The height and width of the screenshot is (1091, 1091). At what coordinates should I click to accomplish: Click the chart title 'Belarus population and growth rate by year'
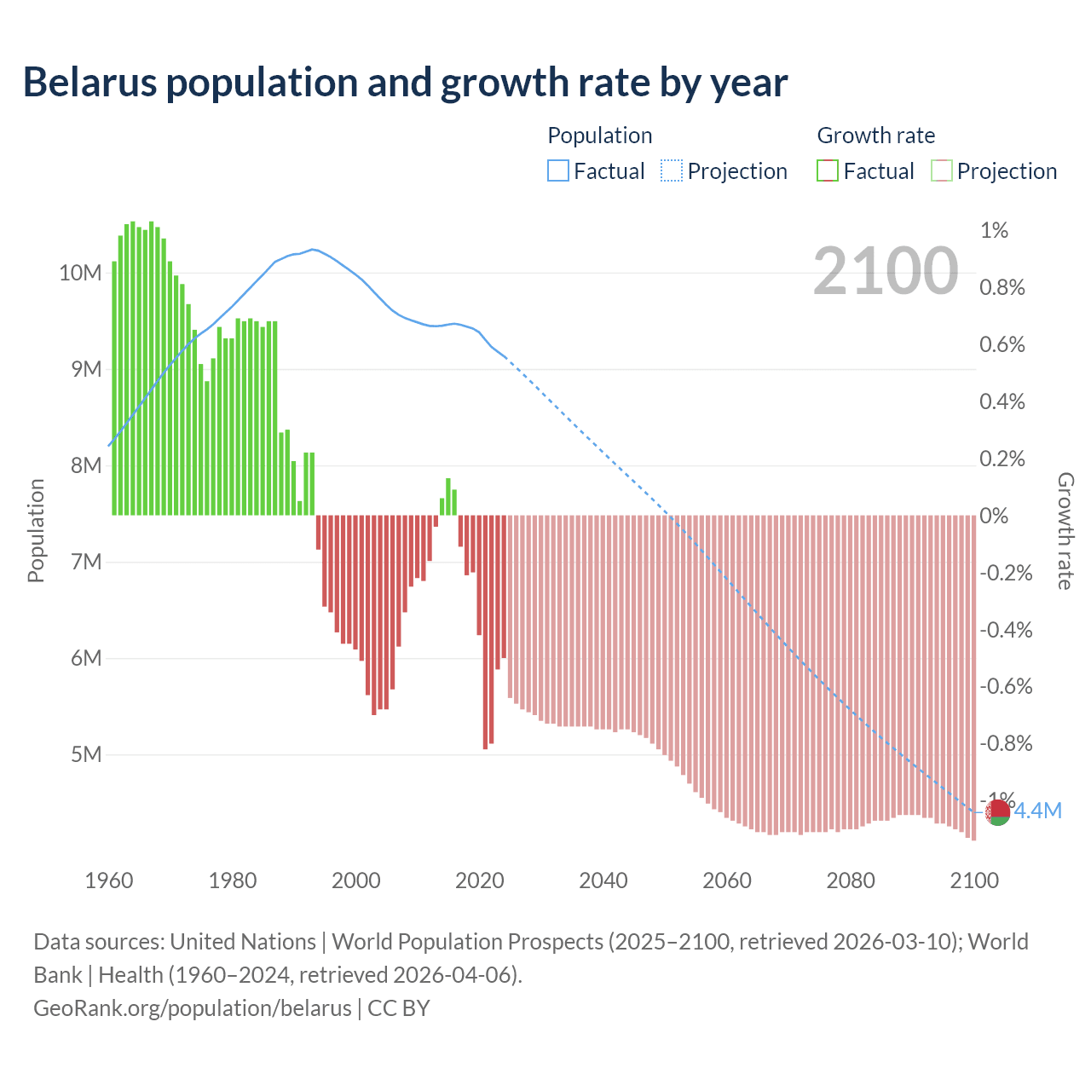click(x=405, y=83)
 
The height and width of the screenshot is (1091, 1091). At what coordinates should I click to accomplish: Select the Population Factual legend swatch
click(x=557, y=171)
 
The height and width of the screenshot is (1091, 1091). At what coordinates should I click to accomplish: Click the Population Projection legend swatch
click(x=672, y=171)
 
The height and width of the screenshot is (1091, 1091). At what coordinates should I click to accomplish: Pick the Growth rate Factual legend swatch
click(x=828, y=171)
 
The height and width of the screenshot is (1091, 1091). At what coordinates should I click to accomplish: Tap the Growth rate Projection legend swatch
click(x=942, y=171)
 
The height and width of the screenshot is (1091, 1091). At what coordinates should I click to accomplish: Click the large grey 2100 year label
click(x=886, y=271)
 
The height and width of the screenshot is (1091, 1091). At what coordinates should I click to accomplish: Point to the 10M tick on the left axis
click(x=80, y=274)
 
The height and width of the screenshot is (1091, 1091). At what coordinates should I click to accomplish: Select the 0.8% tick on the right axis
click(x=1002, y=288)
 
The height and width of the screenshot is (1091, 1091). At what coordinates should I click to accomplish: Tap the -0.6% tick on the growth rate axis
click(x=1006, y=687)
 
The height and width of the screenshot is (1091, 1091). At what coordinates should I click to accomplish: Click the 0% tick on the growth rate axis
click(x=994, y=516)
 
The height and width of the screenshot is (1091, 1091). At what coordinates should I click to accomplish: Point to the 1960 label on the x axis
click(x=109, y=880)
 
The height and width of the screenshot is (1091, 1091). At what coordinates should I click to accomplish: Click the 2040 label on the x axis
click(x=603, y=880)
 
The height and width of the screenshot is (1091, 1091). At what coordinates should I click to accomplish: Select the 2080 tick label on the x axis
click(x=851, y=880)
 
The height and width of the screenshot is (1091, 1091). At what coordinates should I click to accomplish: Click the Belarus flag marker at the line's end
click(x=997, y=812)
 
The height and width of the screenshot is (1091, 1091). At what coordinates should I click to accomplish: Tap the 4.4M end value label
click(x=1037, y=811)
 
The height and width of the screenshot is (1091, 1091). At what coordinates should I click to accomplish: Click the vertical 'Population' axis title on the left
click(x=36, y=530)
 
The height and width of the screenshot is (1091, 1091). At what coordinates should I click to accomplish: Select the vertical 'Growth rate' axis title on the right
click(x=1065, y=530)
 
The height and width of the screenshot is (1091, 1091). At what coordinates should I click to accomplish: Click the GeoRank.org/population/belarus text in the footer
click(x=193, y=1008)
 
